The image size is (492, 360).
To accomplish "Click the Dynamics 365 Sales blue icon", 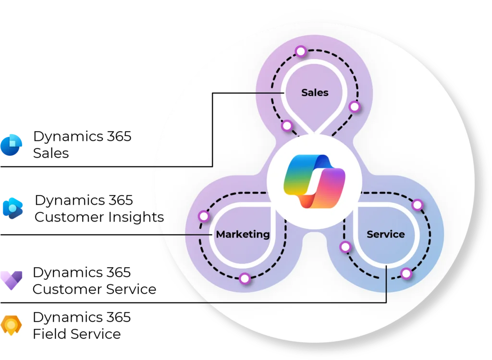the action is point(12,145).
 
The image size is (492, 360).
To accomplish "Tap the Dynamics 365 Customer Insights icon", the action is point(12,208).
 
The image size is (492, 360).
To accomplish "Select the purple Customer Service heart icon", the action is point(12,280).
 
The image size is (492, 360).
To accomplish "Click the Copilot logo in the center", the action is point(314,181).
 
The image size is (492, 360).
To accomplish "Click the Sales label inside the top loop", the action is point(315,93).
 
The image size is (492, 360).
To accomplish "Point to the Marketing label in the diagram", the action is point(243,234).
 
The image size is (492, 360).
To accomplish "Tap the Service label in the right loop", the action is point(386,234).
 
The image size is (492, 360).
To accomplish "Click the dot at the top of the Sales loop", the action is point(301,51).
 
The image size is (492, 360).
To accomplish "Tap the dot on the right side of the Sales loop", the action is point(354,107).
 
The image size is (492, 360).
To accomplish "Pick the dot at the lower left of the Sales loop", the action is point(287,126).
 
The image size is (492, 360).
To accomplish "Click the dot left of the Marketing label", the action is point(204,216).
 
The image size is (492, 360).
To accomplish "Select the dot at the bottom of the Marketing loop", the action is point(245,278).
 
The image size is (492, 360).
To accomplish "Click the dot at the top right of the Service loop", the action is point(418,205).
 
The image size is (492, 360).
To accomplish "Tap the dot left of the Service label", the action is point(345,247).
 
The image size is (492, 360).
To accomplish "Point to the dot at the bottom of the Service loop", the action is point(406,273).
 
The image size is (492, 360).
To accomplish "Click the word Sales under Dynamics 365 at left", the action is point(51,153).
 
